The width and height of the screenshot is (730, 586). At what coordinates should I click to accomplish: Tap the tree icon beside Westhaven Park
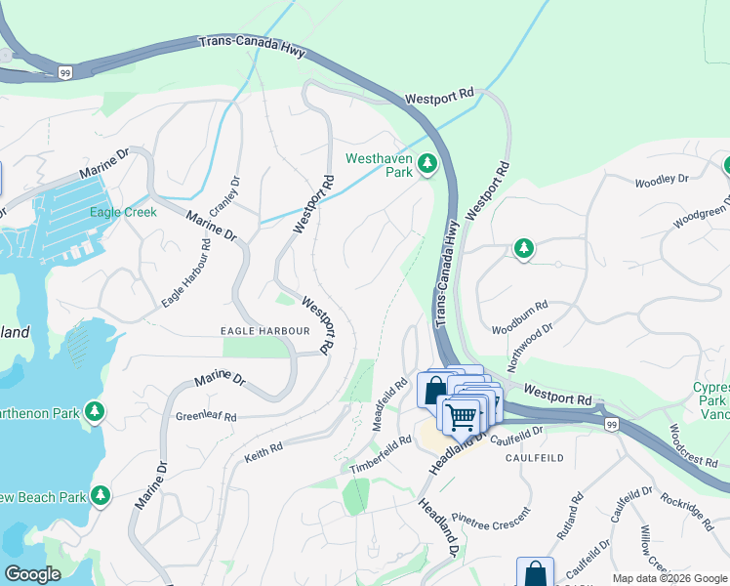point(426,164)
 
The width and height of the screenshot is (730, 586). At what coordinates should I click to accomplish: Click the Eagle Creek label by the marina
point(122,212)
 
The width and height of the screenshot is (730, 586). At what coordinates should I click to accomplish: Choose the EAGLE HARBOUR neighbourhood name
point(264,331)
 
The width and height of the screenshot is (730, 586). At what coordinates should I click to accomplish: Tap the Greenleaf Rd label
point(206,416)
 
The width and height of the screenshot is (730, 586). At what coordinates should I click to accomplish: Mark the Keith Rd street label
point(263,448)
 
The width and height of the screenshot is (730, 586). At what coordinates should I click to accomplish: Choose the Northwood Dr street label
point(531,347)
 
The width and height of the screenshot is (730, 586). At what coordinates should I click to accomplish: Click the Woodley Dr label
point(662,181)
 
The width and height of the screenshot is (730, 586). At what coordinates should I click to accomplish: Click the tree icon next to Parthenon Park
point(95,412)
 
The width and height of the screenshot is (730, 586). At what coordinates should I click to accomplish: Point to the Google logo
point(32,574)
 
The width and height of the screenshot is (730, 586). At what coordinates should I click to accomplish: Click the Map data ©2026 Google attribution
point(669,578)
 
